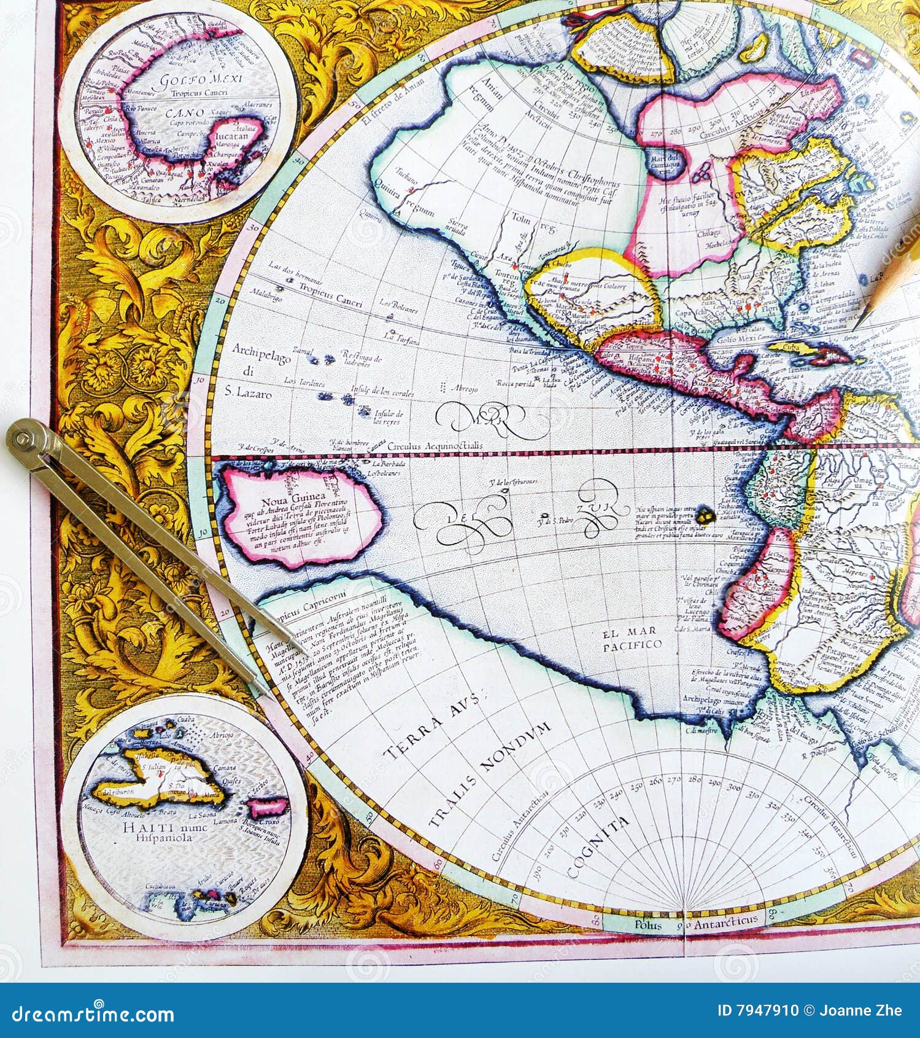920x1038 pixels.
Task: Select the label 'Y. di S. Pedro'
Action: [554, 521]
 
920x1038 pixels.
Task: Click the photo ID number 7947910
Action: [768, 1011]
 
